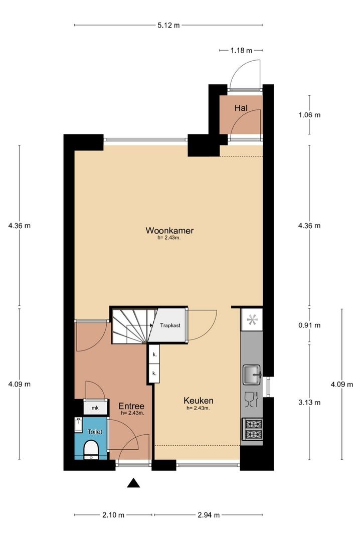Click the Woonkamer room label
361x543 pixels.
tap(169, 230)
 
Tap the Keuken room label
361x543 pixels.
tap(198, 401)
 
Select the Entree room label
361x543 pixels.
tap(131, 406)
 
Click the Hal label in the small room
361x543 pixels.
tap(241, 108)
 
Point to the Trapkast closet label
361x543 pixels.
tap(170, 325)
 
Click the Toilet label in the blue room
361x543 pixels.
tap(95, 432)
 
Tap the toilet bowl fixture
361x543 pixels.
tap(91, 450)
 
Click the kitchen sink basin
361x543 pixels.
tap(252, 375)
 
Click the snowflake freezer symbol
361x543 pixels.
tap(252, 320)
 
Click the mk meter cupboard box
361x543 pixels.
tap(95, 408)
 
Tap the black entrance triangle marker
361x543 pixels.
tap(133, 483)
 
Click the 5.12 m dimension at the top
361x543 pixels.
tap(169, 25)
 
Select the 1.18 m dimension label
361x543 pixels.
tap(242, 51)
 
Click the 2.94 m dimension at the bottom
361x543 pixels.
tap(209, 515)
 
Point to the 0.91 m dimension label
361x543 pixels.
tap(309, 325)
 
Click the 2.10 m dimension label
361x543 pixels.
tap(113, 515)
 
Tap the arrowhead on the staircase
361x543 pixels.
tap(151, 325)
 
